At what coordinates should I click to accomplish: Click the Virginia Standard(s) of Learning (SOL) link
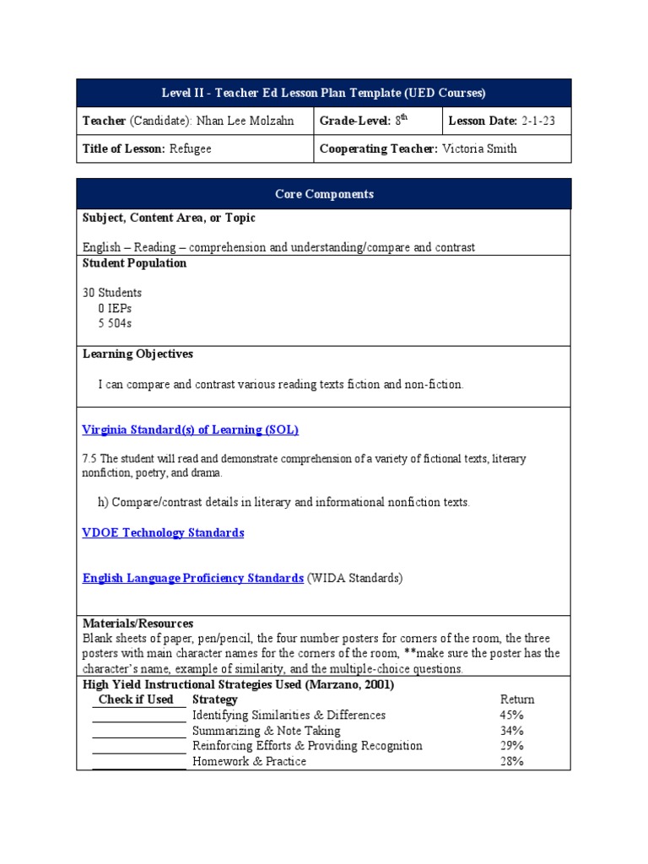coord(190,429)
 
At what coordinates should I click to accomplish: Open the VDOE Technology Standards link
coord(163,532)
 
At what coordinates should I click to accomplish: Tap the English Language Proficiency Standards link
coord(192,578)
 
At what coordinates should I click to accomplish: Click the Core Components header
coord(324,194)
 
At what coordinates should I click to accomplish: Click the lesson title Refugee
coord(190,149)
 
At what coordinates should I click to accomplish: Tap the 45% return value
coord(511,715)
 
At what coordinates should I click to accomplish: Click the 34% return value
coord(511,731)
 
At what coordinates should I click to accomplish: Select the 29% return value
coord(511,746)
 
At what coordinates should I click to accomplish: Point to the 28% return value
coord(511,761)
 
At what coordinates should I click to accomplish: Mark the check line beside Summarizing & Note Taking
coord(138,736)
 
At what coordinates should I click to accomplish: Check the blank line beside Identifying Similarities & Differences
coord(138,721)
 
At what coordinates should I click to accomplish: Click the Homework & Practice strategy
coord(249,761)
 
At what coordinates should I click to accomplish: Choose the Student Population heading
coord(134,263)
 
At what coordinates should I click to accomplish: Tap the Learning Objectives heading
coord(138,354)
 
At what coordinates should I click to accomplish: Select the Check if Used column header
coord(136,699)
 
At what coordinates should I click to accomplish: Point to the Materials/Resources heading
coord(138,624)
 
